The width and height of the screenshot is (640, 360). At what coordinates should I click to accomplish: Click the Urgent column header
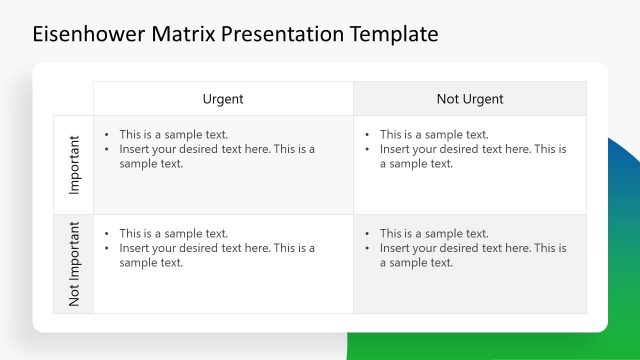[x=223, y=99]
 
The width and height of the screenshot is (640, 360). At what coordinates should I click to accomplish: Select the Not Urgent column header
[x=470, y=99]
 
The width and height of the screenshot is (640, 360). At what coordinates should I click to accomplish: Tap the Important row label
[x=74, y=165]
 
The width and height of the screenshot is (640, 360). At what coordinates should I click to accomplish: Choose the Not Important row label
[x=74, y=264]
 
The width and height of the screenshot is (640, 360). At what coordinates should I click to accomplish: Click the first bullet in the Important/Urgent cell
[x=174, y=134]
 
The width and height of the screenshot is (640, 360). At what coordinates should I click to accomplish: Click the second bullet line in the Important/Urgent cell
[x=217, y=149]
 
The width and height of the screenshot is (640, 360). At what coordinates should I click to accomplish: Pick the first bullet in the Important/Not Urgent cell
[x=434, y=134]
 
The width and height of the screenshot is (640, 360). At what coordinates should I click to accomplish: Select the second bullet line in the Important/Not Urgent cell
[x=472, y=149]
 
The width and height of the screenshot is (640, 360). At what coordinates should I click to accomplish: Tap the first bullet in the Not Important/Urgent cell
[x=174, y=234]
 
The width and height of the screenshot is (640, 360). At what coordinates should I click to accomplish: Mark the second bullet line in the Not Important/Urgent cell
[x=217, y=248]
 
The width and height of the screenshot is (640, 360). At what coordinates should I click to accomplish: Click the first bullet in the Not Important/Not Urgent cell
[x=434, y=234]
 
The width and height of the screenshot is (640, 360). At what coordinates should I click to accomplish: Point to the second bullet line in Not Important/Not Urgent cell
[x=472, y=248]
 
